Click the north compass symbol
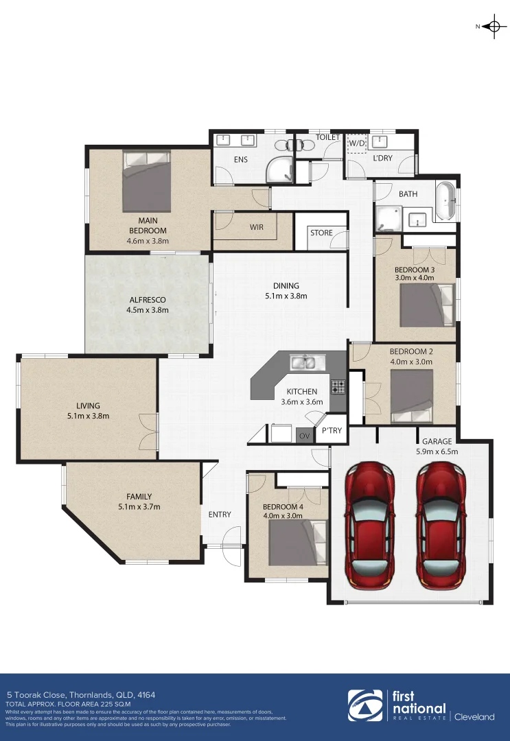[x=492, y=27]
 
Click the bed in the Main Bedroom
[x=146, y=181]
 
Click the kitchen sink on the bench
[x=302, y=362]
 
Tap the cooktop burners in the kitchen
[x=338, y=386]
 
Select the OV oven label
[x=304, y=435]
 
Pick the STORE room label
[x=321, y=233]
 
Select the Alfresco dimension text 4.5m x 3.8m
[x=147, y=310]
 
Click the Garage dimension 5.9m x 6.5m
[x=437, y=451]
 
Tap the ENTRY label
[x=220, y=515]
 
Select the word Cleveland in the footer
[x=475, y=717]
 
